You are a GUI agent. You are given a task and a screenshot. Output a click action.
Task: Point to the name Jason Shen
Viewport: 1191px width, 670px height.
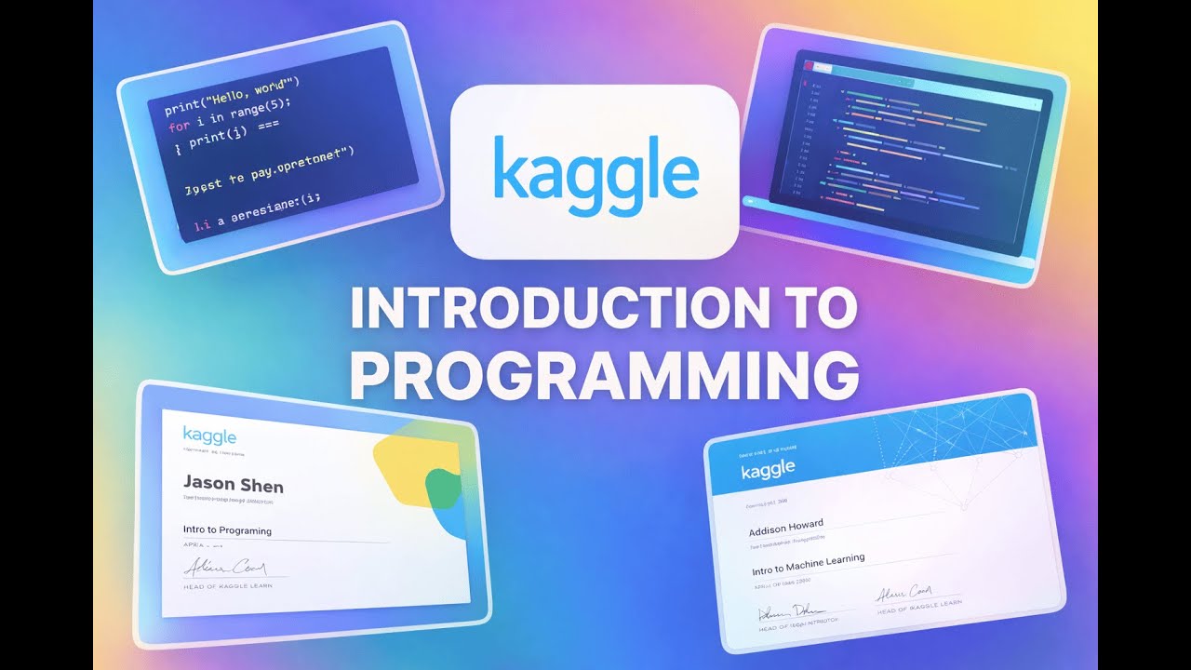point(234,485)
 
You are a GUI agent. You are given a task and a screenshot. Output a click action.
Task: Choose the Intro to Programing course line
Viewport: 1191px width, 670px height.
point(228,530)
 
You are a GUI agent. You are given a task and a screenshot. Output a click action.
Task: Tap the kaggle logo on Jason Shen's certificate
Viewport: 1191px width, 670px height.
point(209,435)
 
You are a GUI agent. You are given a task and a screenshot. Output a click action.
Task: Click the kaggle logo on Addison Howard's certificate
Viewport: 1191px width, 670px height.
point(768,469)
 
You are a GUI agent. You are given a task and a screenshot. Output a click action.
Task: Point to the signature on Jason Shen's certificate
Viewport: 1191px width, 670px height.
point(222,567)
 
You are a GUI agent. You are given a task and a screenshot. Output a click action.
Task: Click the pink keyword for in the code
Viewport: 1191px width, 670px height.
point(179,125)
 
